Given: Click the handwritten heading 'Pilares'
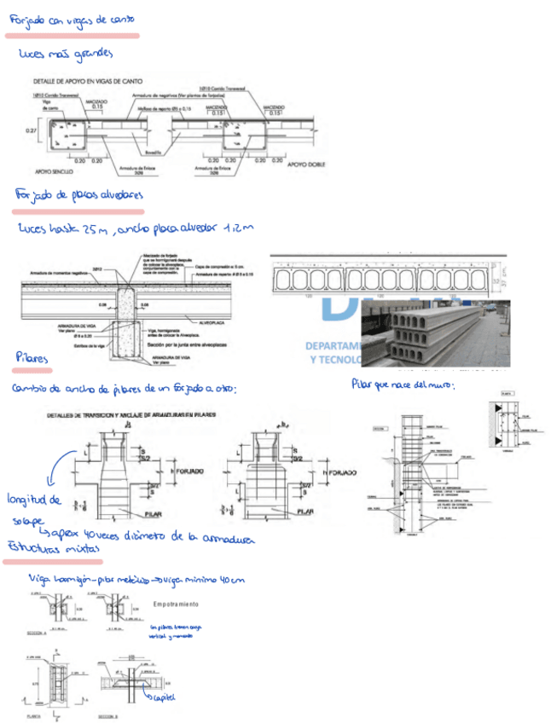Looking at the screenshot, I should tap(32, 359).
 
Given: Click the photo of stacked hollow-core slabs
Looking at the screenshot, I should tap(434, 333).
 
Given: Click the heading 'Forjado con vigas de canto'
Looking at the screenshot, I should tap(70, 20).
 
